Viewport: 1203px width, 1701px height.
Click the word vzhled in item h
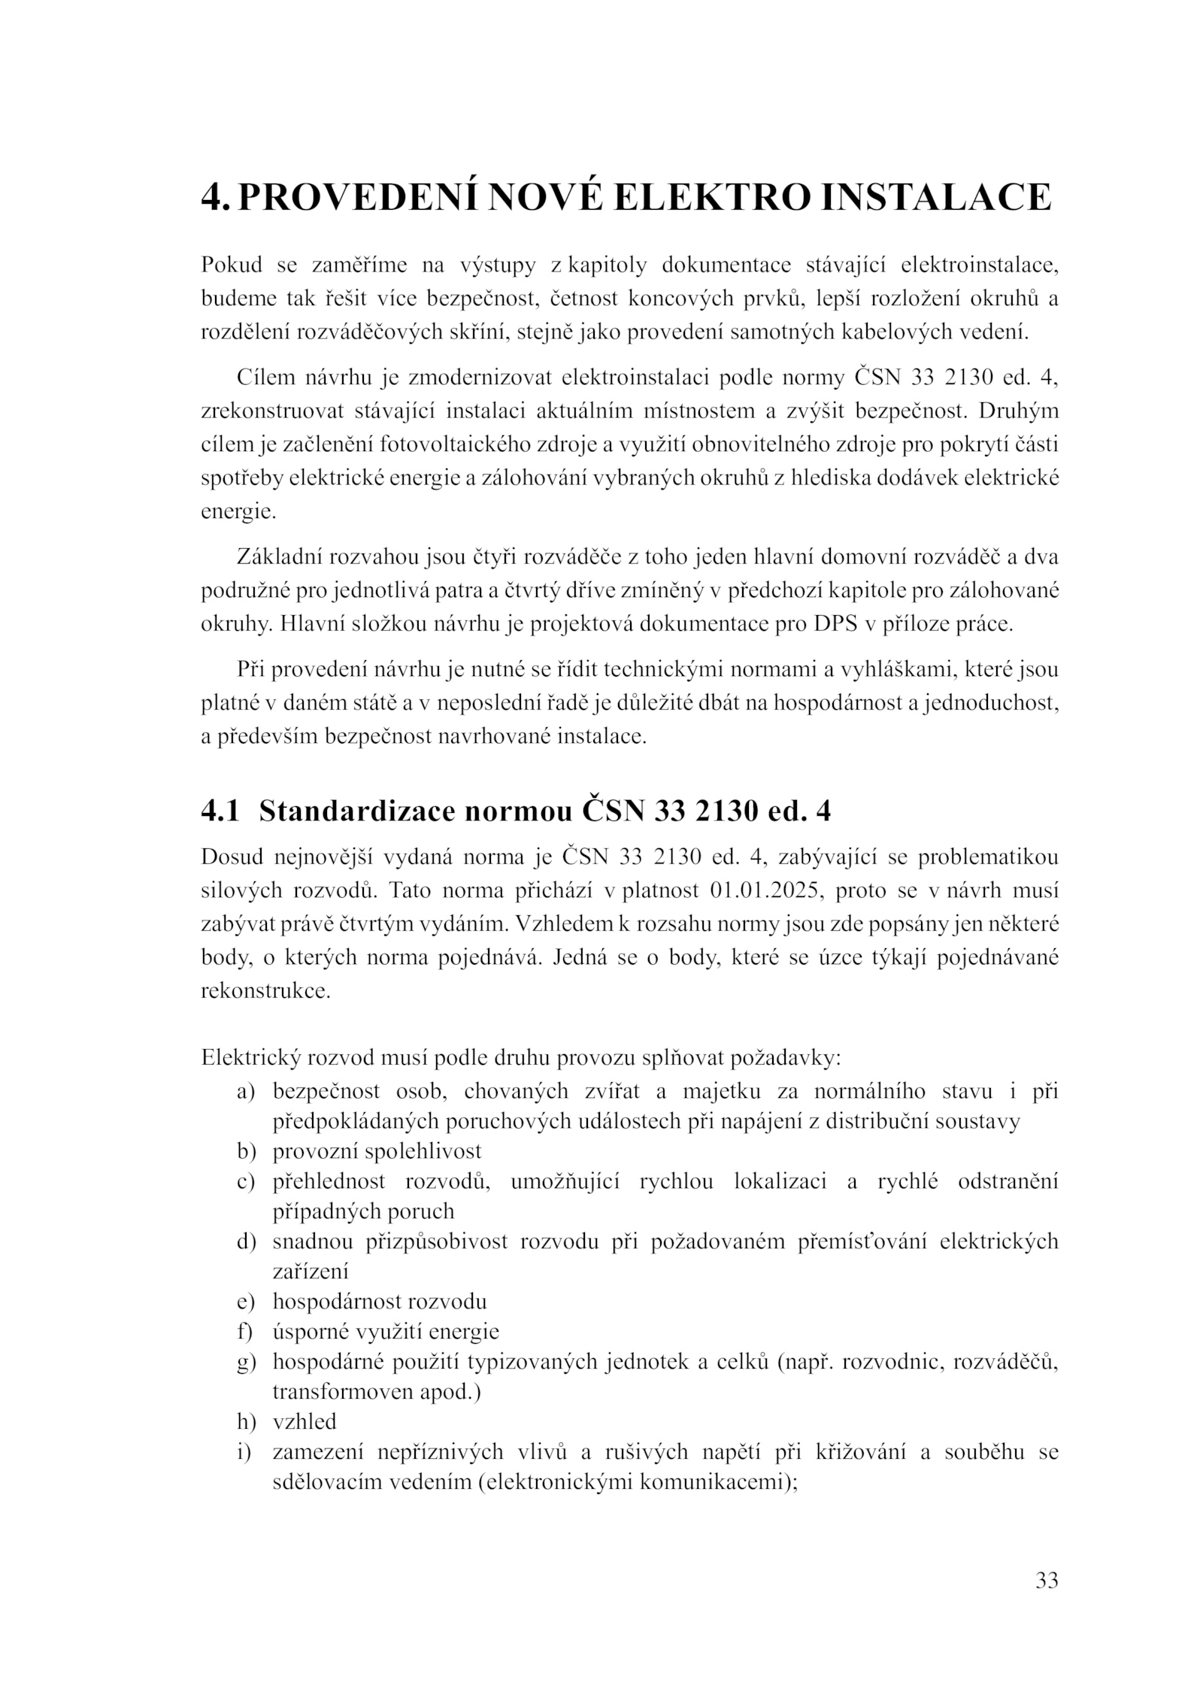pos(305,1422)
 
